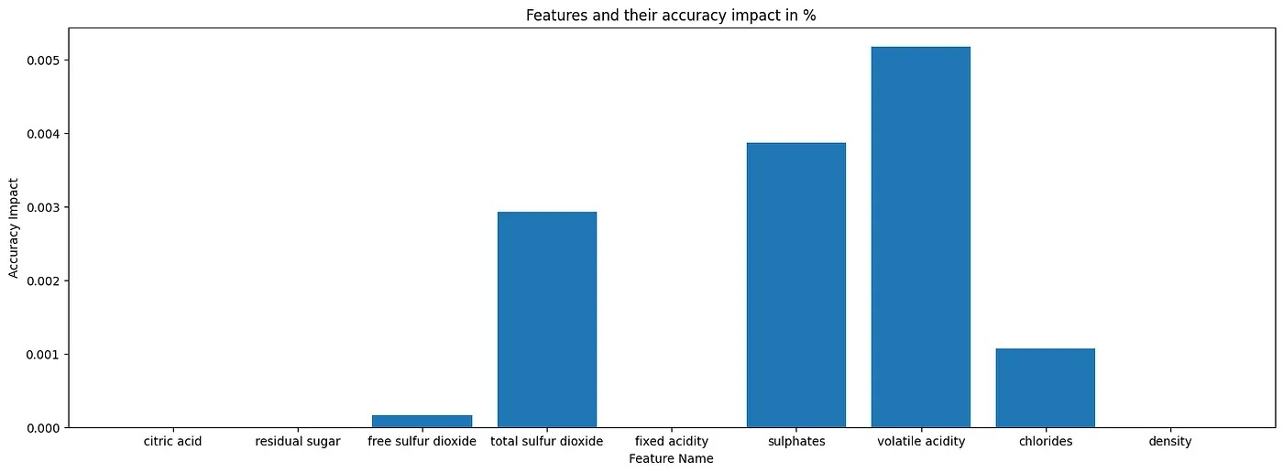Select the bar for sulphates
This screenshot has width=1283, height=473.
coord(795,285)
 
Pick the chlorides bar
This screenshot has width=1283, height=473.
coord(1045,388)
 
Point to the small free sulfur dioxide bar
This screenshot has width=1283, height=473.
coord(422,422)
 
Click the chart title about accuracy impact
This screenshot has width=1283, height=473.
coord(671,16)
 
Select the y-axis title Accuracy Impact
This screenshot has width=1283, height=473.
coord(14,228)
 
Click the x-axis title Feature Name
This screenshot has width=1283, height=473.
coord(671,458)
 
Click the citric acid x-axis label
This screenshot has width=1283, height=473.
coord(172,442)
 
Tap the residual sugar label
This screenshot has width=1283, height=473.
coord(298,442)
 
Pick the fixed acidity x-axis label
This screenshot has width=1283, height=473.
coord(671,442)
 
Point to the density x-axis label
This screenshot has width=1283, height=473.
coord(1169,442)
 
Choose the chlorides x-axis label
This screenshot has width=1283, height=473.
coord(1045,442)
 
